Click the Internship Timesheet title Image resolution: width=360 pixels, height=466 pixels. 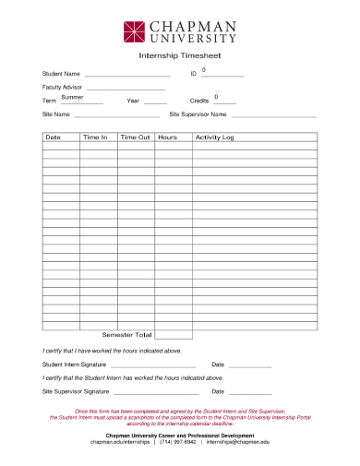179,56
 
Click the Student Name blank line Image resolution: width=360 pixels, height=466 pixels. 127,74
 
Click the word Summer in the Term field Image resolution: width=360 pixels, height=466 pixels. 73,97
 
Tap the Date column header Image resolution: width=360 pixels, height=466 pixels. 54,137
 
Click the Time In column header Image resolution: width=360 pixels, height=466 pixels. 95,137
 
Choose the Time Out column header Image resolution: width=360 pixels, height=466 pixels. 135,137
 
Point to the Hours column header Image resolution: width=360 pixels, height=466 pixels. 167,137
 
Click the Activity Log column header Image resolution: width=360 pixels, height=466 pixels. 215,137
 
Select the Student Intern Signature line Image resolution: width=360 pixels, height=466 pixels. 154,365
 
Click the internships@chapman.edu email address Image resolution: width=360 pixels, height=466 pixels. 238,442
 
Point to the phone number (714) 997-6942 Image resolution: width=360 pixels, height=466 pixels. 178,442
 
